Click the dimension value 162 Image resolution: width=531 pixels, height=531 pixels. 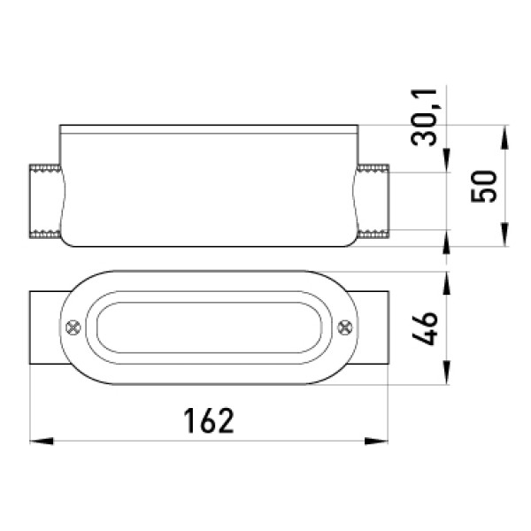209,420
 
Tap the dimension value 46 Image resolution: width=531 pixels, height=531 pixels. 425,328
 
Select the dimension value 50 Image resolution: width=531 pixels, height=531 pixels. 484,186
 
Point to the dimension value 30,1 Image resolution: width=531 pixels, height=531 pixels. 424,117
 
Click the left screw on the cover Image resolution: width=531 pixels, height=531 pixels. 73,327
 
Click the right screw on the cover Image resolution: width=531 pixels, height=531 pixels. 345,327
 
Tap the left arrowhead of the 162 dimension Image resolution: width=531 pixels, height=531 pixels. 42,442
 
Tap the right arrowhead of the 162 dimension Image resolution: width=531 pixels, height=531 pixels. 376,442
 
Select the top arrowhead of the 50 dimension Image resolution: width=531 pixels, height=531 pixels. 504,137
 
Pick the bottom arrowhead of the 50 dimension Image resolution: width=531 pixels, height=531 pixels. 504,235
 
